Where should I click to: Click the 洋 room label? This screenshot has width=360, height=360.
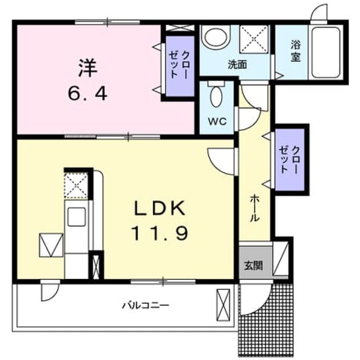point(88,68)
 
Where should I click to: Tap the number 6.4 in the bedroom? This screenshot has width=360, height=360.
point(87,94)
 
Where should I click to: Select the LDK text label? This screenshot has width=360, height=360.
point(160,208)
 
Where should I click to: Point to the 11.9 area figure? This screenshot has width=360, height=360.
point(160,233)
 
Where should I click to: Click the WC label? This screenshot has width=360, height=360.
point(217,121)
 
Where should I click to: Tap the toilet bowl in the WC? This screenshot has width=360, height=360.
point(216,97)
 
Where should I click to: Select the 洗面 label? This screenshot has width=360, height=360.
point(237,65)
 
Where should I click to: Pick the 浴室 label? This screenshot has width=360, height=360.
point(295,51)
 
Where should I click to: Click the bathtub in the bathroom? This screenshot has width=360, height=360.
point(326,53)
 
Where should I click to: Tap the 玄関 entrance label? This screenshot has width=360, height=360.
point(253,266)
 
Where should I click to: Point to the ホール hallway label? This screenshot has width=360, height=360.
point(254,208)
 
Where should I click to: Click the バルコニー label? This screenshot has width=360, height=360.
point(145,306)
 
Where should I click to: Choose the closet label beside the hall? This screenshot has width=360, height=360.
point(289,159)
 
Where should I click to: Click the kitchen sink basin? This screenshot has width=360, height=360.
point(77,217)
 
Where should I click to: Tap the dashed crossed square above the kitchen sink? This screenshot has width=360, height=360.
point(76,186)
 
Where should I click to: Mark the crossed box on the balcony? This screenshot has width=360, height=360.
point(223,305)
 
